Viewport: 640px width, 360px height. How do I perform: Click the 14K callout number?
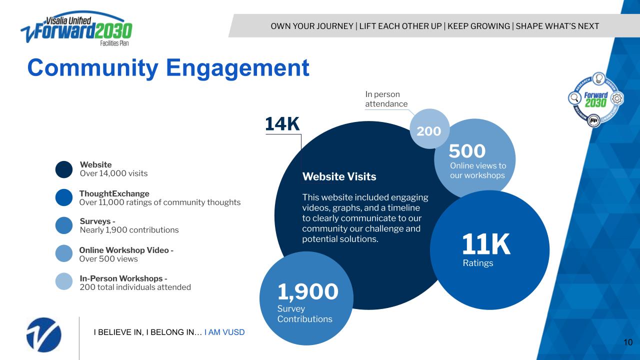pos(282,124)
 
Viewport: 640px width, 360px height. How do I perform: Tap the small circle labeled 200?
pos(429,131)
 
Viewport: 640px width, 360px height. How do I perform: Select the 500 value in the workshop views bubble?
pos(467,151)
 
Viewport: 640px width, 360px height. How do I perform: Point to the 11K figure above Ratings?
pos(486,244)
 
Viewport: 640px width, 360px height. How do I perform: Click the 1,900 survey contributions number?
pos(308,291)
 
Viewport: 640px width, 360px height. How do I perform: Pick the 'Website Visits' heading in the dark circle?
pos(339,176)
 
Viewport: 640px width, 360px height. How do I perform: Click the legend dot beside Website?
pos(64,169)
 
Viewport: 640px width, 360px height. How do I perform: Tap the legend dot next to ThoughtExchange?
pos(64,197)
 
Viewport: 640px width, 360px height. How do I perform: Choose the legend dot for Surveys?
pos(64,225)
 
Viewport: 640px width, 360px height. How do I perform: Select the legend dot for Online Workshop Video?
pos(64,253)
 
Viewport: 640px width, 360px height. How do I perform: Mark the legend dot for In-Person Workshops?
pos(64,281)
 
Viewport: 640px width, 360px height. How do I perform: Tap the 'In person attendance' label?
pos(386,99)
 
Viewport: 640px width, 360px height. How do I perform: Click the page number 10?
pos(628,342)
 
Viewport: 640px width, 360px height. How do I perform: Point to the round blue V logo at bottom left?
pos(44,334)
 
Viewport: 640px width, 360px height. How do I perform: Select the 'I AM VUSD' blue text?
pos(224,332)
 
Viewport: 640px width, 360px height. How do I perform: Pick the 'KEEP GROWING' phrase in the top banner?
pos(478,26)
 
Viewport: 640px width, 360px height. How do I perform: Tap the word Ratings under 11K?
pos(478,263)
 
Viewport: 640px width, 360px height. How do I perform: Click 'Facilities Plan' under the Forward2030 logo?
pos(114,43)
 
